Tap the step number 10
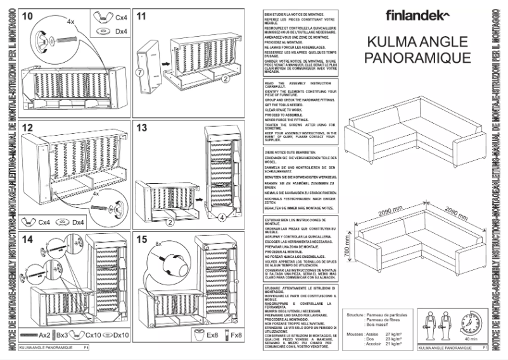[x=28, y=16]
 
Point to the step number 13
[x=142, y=128]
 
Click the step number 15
[x=142, y=239]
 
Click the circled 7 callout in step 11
[x=137, y=73]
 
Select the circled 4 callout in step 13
[x=222, y=218]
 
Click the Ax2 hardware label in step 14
[x=44, y=334]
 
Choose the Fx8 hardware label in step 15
[x=236, y=334]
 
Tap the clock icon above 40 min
[x=470, y=325]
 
